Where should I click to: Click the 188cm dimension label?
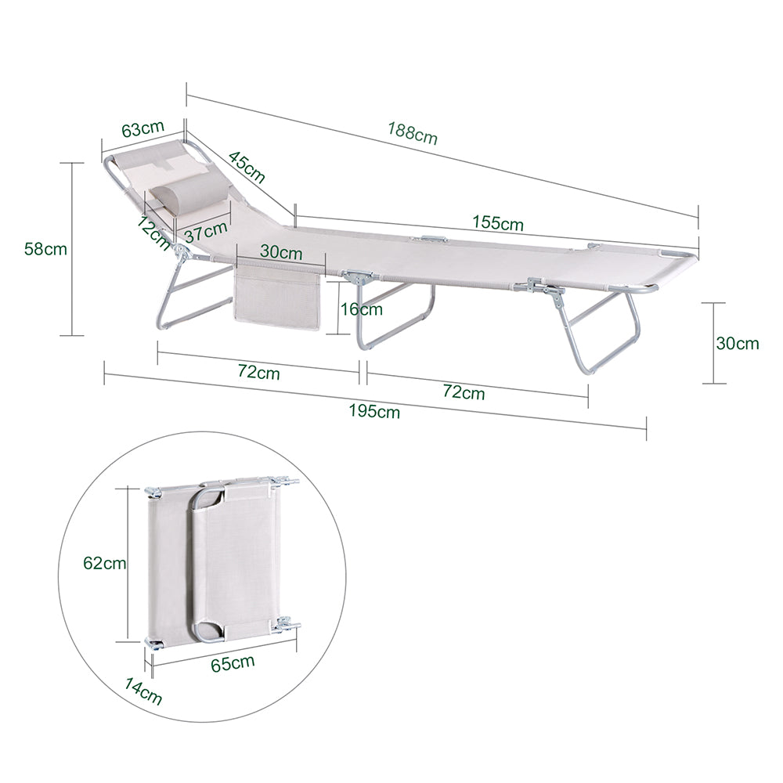click(413, 133)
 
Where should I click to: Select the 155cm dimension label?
click(498, 222)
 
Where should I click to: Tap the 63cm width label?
click(143, 128)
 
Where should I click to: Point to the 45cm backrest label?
click(247, 167)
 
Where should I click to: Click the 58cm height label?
click(45, 249)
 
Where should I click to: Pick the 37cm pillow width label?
click(206, 231)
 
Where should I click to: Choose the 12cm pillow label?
click(153, 233)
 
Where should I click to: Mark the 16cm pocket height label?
click(361, 309)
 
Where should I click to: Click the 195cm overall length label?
click(374, 412)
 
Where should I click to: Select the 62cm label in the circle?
click(104, 563)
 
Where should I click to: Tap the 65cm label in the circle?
click(233, 664)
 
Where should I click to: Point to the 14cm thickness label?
click(143, 691)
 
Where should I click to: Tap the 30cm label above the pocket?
click(281, 252)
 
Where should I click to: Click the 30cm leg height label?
click(738, 343)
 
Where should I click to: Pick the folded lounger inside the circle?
click(222, 562)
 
